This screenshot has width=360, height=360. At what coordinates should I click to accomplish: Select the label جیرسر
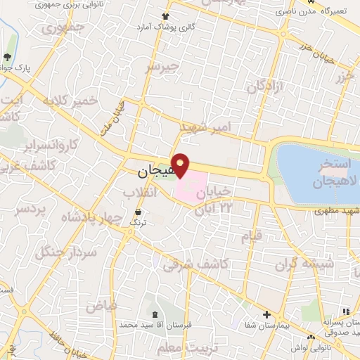(163, 68)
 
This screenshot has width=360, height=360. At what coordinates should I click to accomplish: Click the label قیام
(251, 235)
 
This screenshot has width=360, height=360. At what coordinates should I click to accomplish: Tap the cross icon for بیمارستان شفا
(266, 314)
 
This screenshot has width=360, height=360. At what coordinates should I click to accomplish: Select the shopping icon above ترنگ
(138, 211)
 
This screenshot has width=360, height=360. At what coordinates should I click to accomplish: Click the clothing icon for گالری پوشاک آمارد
(165, 15)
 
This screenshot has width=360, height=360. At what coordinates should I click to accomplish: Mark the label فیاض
(101, 306)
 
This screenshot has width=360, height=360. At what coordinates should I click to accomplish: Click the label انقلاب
(139, 191)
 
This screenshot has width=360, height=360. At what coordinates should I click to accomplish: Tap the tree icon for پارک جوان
(8, 58)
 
